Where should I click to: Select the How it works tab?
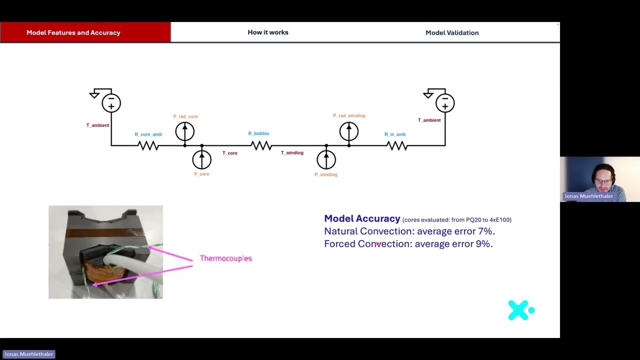click(x=268, y=32)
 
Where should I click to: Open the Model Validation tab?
click(x=452, y=33)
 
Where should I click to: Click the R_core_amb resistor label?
click(x=148, y=134)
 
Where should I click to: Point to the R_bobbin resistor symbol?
click(x=261, y=145)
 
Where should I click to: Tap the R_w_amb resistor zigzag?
click(x=397, y=145)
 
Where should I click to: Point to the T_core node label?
click(x=230, y=153)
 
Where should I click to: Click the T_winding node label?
click(x=292, y=153)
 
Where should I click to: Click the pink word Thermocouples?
click(x=226, y=258)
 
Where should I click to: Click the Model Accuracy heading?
click(x=362, y=218)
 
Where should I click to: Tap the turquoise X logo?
click(x=521, y=310)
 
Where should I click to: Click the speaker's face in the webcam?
click(x=603, y=179)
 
